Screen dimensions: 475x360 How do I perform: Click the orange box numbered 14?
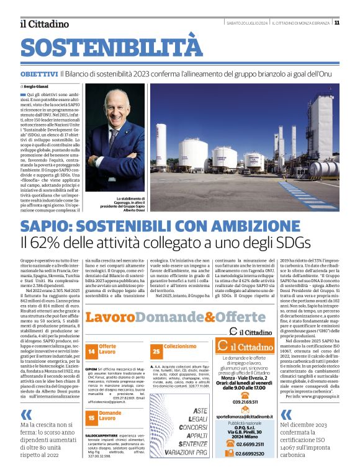pos(91,352)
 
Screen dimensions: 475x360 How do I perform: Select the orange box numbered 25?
pos(156,352)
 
